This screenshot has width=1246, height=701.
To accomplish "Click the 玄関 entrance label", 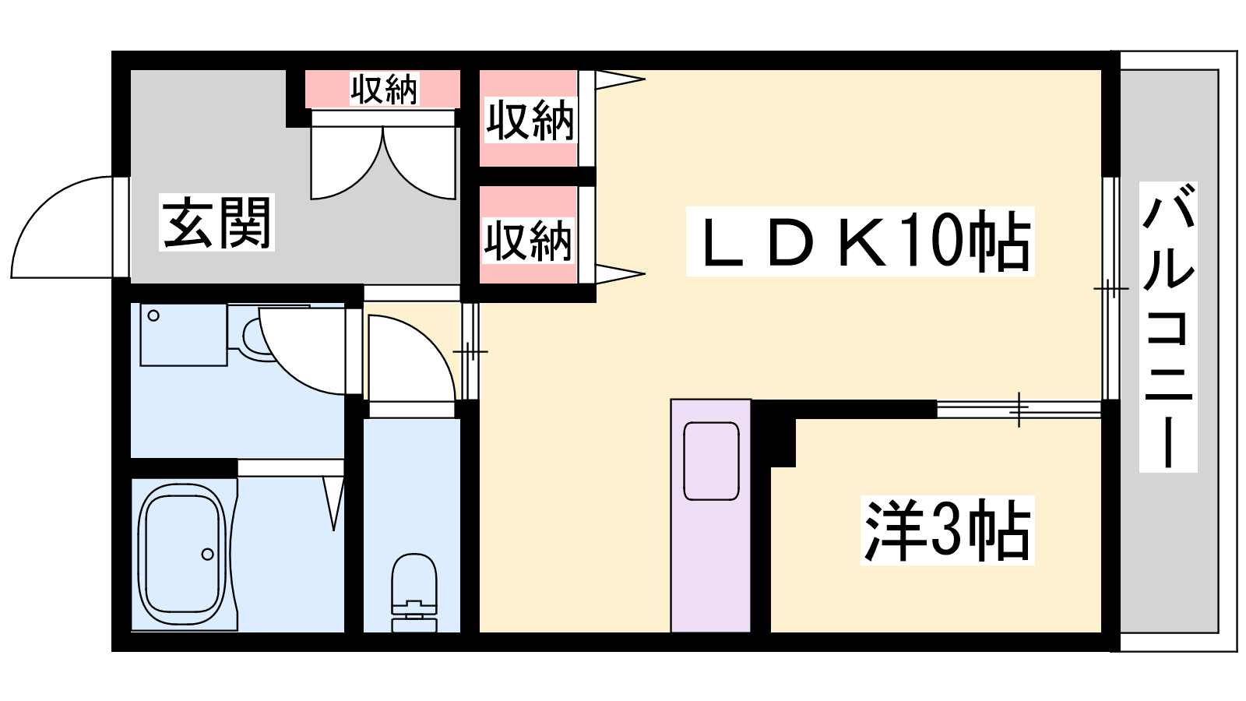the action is coord(217,223).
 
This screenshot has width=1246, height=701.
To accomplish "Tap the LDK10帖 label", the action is coord(860,241).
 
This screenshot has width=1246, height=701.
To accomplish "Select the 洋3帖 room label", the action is coord(947,530).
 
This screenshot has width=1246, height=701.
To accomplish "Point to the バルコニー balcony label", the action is coord(1168,327).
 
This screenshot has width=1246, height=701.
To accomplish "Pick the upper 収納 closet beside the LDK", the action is coord(529,119).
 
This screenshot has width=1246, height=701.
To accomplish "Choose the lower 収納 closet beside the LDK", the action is coord(529,234).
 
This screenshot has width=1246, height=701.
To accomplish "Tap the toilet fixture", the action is coord(414,593).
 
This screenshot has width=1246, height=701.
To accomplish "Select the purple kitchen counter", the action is coord(711,516).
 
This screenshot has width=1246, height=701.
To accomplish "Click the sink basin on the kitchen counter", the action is coord(712,460).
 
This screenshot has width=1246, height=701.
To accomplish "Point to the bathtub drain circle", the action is coord(207,554).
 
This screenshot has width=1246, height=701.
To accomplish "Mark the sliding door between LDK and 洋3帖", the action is coord(1019,410).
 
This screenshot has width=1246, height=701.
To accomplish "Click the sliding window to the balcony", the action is coord(1110,288).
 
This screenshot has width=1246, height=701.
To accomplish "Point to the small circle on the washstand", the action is coord(153,316).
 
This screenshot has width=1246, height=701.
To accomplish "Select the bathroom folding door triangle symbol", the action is coord(334,501).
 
